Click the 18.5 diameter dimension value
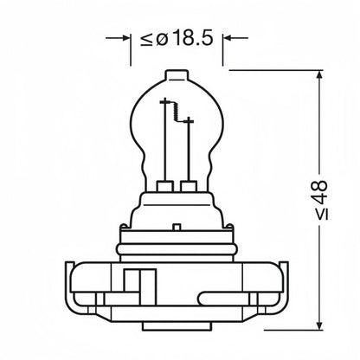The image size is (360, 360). coord(193,38)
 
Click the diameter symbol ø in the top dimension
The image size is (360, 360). coord(162,40)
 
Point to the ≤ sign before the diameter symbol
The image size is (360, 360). coord(146,40)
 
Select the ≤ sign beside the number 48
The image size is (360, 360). coord(322,214)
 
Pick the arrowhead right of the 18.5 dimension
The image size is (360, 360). coord(227,38)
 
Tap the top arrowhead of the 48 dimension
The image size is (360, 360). coord(319,74)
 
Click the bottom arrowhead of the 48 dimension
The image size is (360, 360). coord(319,326)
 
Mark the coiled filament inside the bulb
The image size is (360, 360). coord(176,112)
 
